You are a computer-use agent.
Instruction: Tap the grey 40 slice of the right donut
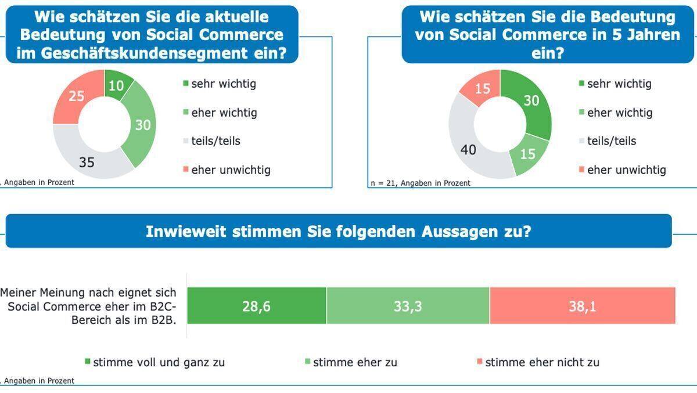click(468, 150)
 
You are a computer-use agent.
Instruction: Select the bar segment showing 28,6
click(256, 305)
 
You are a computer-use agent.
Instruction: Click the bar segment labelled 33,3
click(408, 305)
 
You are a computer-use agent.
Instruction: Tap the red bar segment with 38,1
click(582, 305)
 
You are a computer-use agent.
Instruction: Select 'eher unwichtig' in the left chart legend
click(231, 170)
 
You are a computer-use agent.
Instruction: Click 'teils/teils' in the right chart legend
click(611, 141)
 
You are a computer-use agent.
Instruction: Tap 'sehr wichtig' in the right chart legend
click(619, 84)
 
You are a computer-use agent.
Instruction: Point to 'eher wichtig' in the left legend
click(224, 113)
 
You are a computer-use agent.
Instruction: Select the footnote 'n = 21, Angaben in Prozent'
click(420, 183)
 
